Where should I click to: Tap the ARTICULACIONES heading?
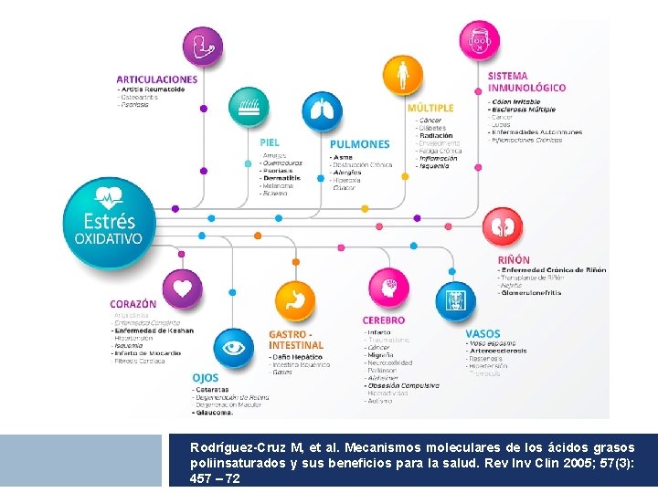[x=156, y=79]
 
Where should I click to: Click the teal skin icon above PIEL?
[x=249, y=110]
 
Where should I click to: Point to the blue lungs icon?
[x=322, y=111]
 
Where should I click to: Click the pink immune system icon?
[x=479, y=42]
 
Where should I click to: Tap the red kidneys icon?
[x=500, y=227]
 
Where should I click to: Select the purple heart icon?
[x=183, y=288]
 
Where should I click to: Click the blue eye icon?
[x=234, y=348]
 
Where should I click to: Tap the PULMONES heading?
[x=360, y=144]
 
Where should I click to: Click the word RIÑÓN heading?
[x=514, y=260]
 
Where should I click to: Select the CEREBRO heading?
[x=384, y=320]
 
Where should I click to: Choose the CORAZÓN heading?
[x=133, y=304]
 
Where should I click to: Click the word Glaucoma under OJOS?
[x=213, y=412]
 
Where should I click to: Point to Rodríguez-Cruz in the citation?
[x=234, y=448]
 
